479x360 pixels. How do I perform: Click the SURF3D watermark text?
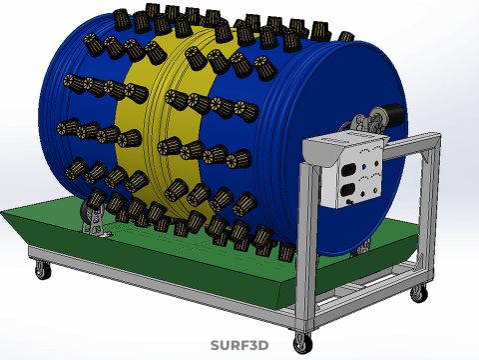pos(239,345)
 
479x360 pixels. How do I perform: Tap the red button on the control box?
pos(377,163)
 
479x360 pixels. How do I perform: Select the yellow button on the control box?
pos(375,191)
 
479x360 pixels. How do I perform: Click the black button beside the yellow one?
pos(363,194)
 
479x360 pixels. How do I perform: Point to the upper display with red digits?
pos(348,170)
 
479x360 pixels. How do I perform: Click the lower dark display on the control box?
pos(347,191)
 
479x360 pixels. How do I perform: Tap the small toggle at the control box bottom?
pos(349,202)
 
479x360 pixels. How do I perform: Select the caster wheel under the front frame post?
pos(302,343)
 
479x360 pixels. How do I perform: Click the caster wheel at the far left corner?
pos(43,269)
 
